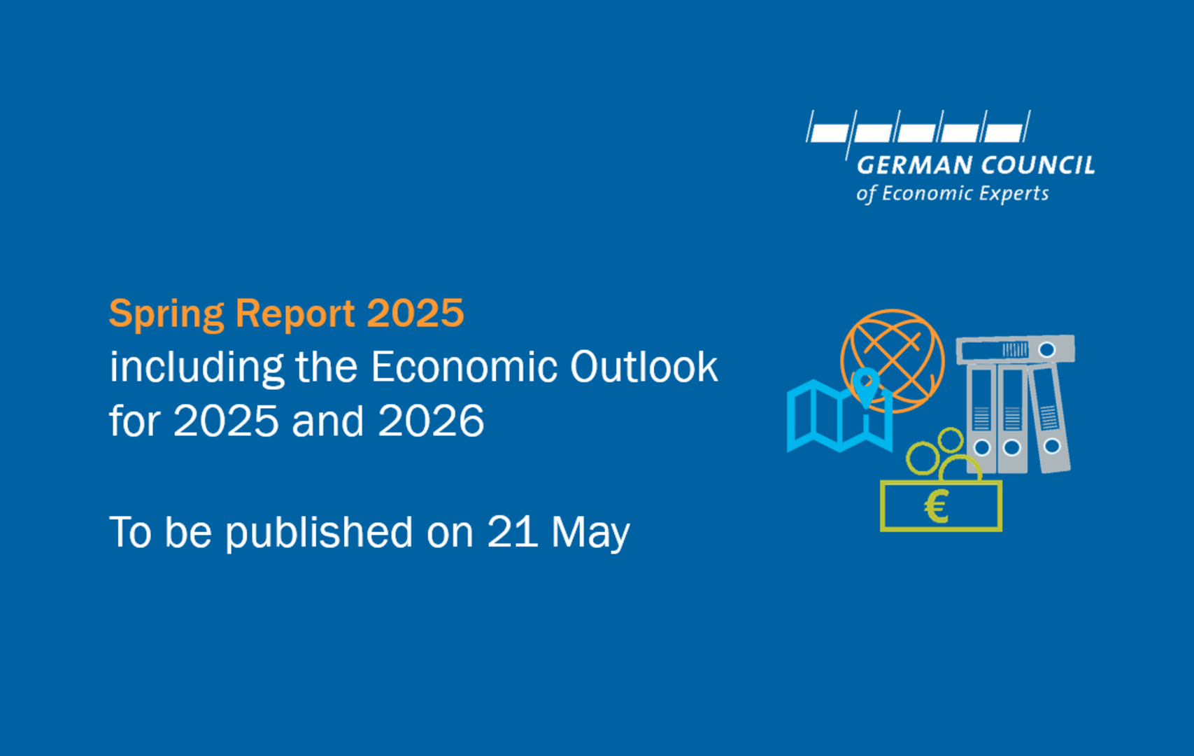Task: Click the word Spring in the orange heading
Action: click(166, 315)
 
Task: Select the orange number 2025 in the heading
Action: click(415, 313)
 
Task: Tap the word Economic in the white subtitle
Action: click(464, 367)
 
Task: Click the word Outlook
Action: click(644, 367)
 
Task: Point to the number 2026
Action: click(431, 421)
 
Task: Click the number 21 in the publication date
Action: click(512, 532)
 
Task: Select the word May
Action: click(590, 534)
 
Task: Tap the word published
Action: click(319, 533)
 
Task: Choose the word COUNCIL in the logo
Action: click(1038, 165)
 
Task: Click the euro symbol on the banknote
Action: click(936, 506)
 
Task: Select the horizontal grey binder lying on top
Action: click(1015, 349)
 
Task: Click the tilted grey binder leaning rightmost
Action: click(1049, 418)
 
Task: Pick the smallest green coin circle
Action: click(950, 440)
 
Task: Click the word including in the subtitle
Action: click(197, 368)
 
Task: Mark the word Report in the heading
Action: click(294, 315)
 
